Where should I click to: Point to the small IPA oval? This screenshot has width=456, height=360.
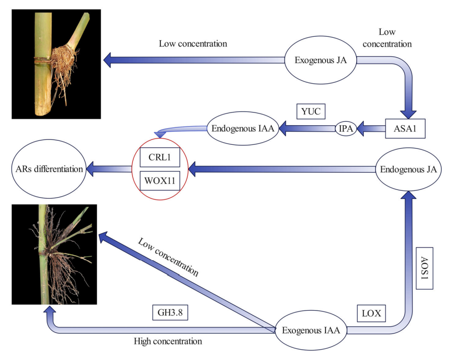(346, 129)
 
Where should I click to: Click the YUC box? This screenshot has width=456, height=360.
(311, 112)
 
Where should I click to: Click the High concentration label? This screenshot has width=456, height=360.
(168, 341)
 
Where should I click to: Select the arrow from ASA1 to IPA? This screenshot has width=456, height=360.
(371, 129)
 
